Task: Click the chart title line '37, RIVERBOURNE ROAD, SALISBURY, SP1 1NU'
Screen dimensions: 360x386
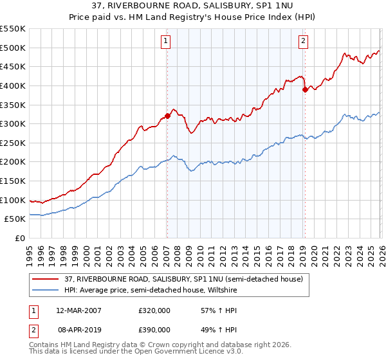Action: point(193,6)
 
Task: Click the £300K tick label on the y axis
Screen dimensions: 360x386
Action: point(13,123)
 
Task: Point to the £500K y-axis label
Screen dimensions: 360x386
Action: point(13,48)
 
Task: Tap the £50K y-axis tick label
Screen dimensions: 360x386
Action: point(15,219)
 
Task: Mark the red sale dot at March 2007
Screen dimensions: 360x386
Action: point(167,116)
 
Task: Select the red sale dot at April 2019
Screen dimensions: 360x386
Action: point(305,90)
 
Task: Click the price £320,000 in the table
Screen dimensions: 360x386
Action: point(154,310)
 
